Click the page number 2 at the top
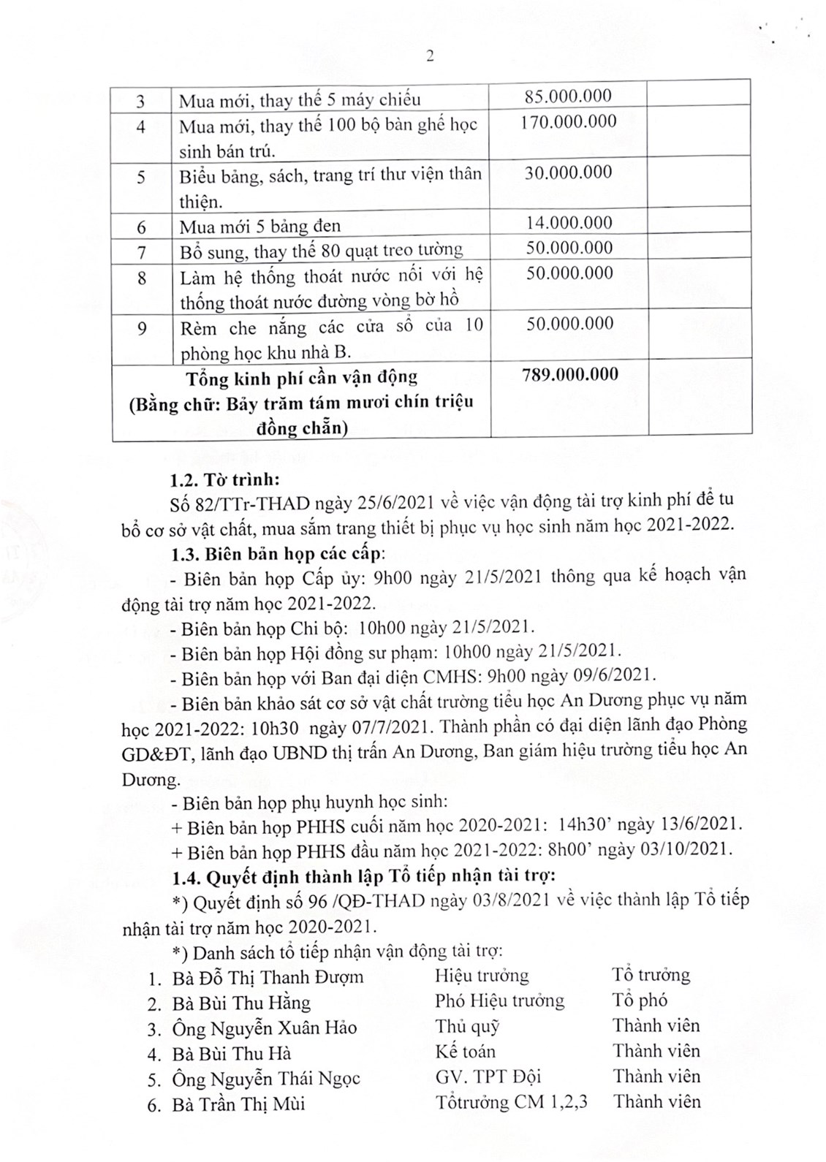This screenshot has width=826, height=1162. [x=430, y=56]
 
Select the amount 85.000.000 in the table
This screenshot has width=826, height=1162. [x=569, y=96]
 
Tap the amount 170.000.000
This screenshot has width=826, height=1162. [x=568, y=121]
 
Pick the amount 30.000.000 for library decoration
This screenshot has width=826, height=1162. [x=569, y=172]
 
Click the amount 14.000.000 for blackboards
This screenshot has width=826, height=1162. [x=569, y=223]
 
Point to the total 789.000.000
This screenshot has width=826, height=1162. [x=570, y=374]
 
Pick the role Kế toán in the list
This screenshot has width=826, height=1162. [x=465, y=1052]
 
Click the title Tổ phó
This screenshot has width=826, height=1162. [x=640, y=1000]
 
